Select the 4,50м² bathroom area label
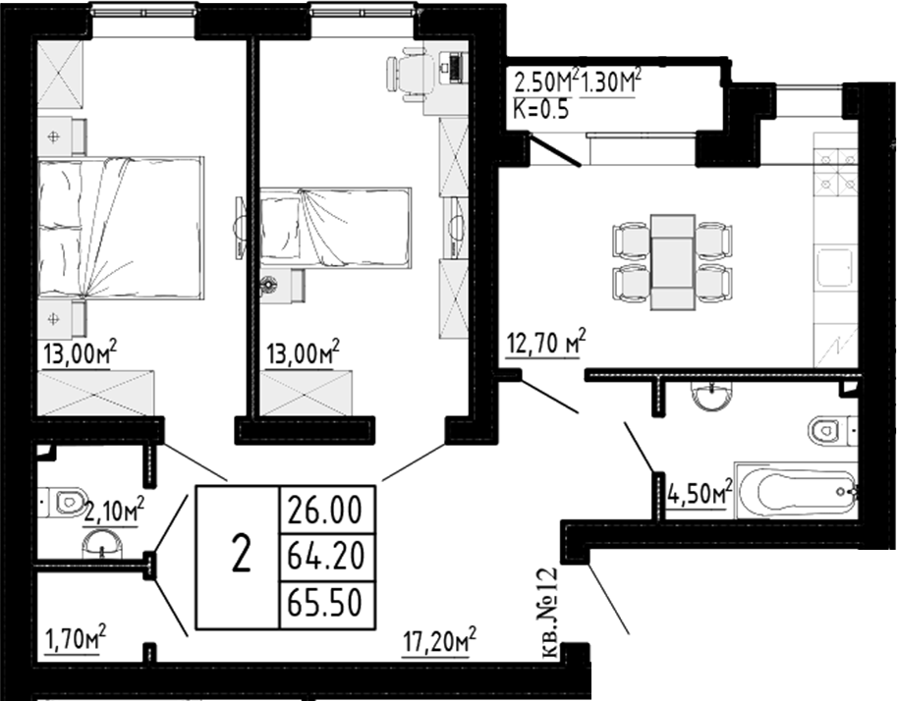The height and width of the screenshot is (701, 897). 700,491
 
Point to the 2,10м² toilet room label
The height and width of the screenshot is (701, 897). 113,509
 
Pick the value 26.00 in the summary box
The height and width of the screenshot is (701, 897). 326,512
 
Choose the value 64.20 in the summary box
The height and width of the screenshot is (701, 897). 326,557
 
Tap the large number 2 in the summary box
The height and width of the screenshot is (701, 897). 240,557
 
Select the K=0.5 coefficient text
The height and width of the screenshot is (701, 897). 541,109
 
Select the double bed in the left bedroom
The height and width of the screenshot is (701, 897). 121,228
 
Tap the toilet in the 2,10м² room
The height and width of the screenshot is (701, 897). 66,502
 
